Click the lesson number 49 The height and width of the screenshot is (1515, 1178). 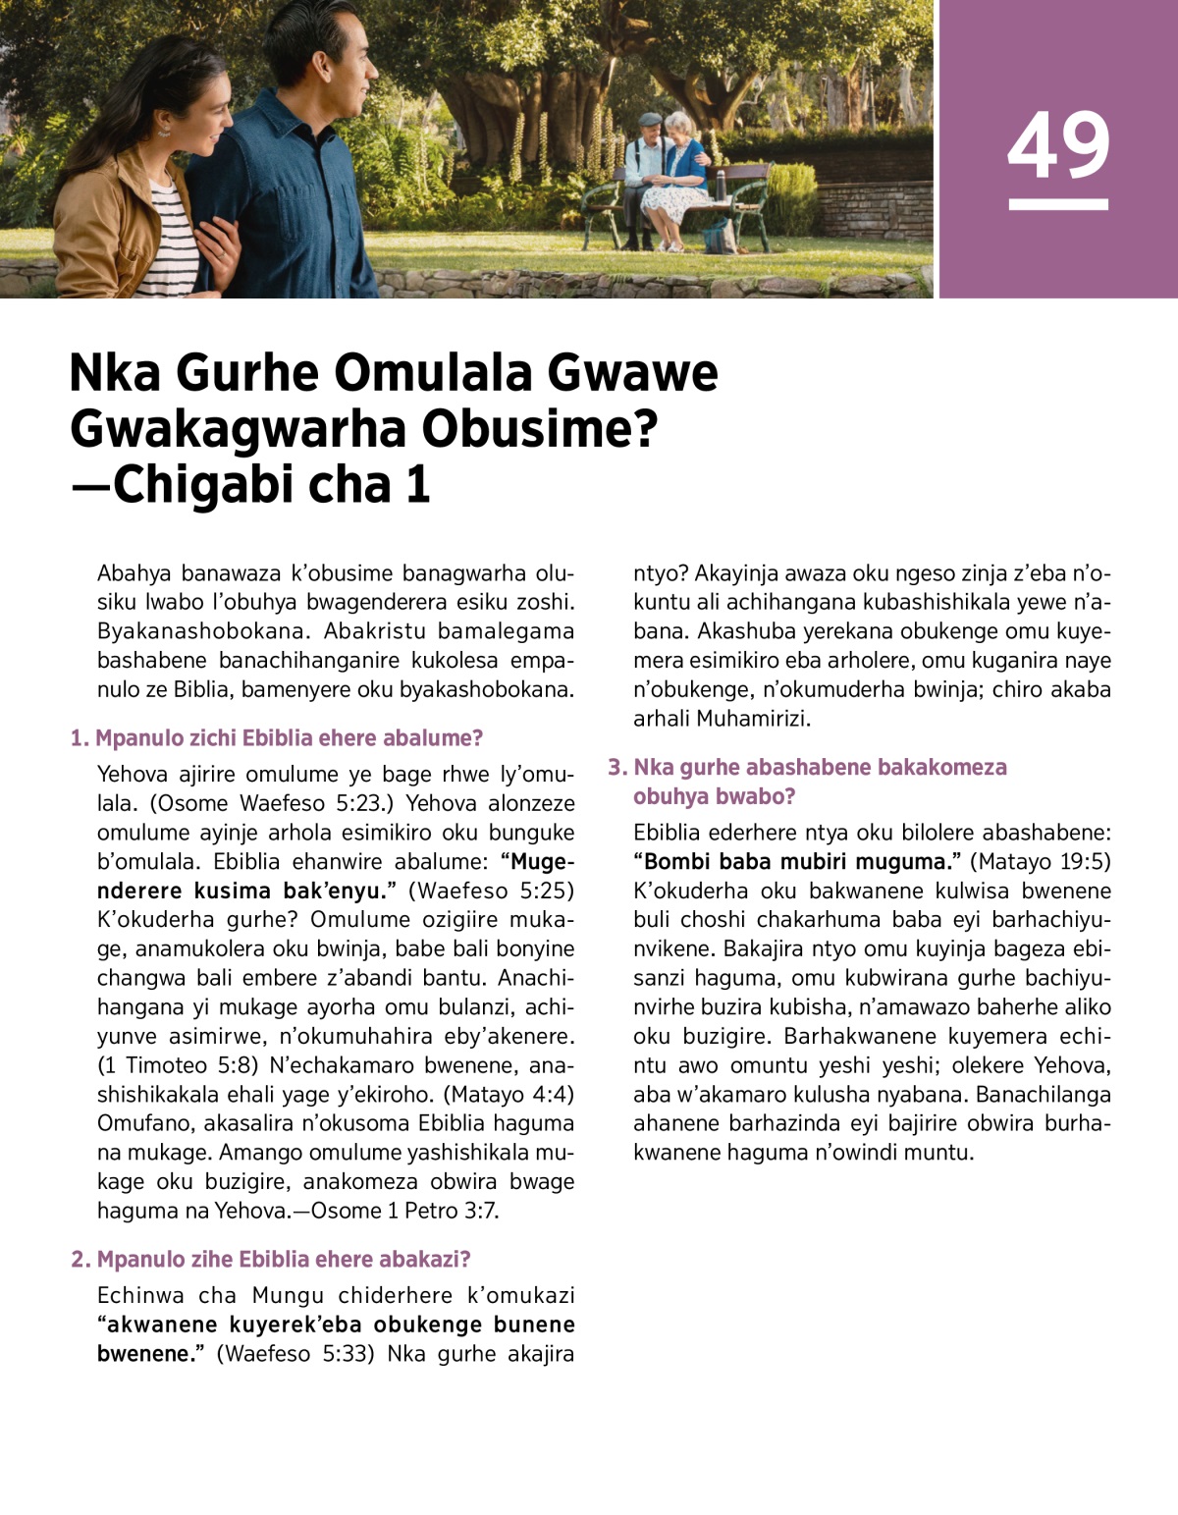coord(1058,145)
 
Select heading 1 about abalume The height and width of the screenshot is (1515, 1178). coord(277,738)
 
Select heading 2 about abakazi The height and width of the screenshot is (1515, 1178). coord(271,1259)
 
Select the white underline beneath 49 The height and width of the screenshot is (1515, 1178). coord(1058,205)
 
